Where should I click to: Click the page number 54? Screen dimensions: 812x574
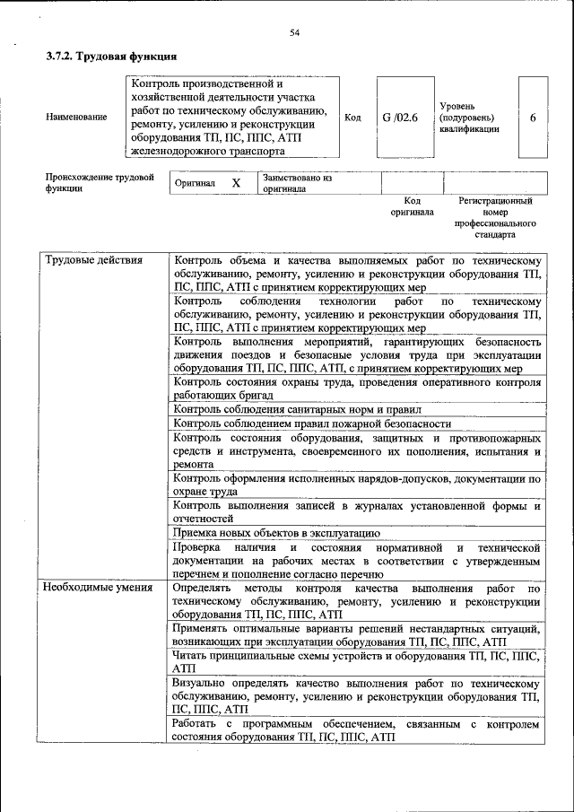(x=294, y=33)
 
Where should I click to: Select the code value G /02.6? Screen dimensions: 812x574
(x=400, y=118)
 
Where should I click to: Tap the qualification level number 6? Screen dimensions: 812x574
(x=533, y=118)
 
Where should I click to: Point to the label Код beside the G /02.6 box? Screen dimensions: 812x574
(x=353, y=118)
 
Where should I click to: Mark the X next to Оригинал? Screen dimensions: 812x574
(x=236, y=183)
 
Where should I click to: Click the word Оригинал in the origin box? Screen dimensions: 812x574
(x=195, y=183)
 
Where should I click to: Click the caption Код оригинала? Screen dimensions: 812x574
(x=412, y=206)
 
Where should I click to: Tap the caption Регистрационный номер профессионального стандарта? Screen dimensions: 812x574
(x=495, y=218)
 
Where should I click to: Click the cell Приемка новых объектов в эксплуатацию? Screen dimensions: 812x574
(x=276, y=533)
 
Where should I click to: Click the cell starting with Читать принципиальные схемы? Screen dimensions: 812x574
(x=357, y=661)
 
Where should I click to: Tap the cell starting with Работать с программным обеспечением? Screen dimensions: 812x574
(x=357, y=729)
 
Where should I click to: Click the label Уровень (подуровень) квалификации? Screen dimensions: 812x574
(x=469, y=118)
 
